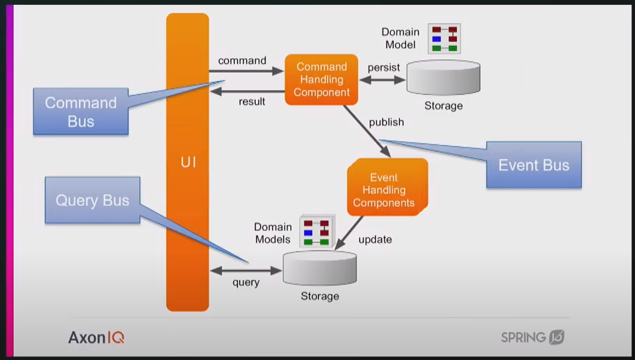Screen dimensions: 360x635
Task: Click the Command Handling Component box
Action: tap(322, 80)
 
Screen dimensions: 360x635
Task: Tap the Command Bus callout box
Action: tap(80, 112)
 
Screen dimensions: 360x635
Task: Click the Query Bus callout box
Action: tap(92, 200)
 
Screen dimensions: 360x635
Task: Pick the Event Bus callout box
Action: tap(533, 165)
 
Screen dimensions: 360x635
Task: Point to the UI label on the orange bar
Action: tap(188, 163)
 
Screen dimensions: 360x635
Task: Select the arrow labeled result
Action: tap(246, 90)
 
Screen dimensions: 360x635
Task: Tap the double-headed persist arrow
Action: tap(382, 80)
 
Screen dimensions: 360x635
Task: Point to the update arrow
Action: tap(350, 232)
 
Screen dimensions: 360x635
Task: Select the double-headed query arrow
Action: tap(245, 270)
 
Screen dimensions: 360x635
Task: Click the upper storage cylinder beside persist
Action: tap(443, 77)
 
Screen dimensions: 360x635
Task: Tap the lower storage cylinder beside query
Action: tap(320, 268)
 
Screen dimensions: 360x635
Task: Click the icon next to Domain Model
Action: tap(444, 39)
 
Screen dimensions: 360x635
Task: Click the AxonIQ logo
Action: tap(96, 338)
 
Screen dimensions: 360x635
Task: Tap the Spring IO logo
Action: tap(532, 337)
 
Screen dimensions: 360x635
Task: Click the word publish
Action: tap(386, 122)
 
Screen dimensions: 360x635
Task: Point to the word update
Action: tap(375, 239)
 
